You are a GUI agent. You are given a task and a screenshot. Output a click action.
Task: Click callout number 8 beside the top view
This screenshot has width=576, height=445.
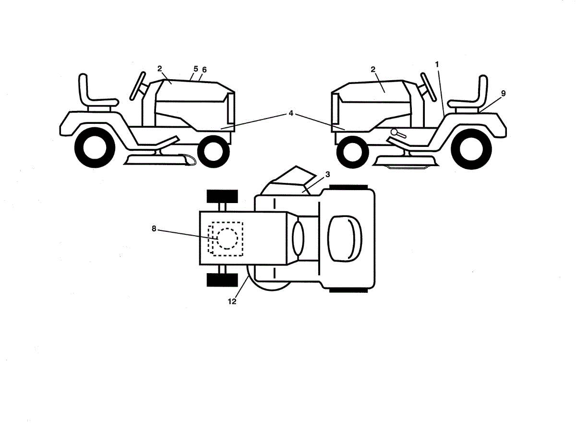coord(154,228)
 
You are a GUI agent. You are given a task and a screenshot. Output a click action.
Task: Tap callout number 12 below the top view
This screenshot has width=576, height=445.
coord(232,301)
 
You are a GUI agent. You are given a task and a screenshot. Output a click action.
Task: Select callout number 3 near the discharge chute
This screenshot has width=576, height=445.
coord(328,174)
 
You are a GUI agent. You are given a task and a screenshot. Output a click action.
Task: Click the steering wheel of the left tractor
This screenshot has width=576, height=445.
coord(138,86)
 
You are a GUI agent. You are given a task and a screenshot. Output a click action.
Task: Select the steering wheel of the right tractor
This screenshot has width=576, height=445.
coord(428,87)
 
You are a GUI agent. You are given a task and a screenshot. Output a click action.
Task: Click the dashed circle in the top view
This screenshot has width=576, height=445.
coord(227,239)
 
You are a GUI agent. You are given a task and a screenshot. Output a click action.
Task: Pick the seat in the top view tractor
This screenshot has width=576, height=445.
coord(345,239)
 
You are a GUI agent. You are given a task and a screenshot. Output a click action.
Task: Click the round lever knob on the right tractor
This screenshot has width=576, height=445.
coord(394,132)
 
